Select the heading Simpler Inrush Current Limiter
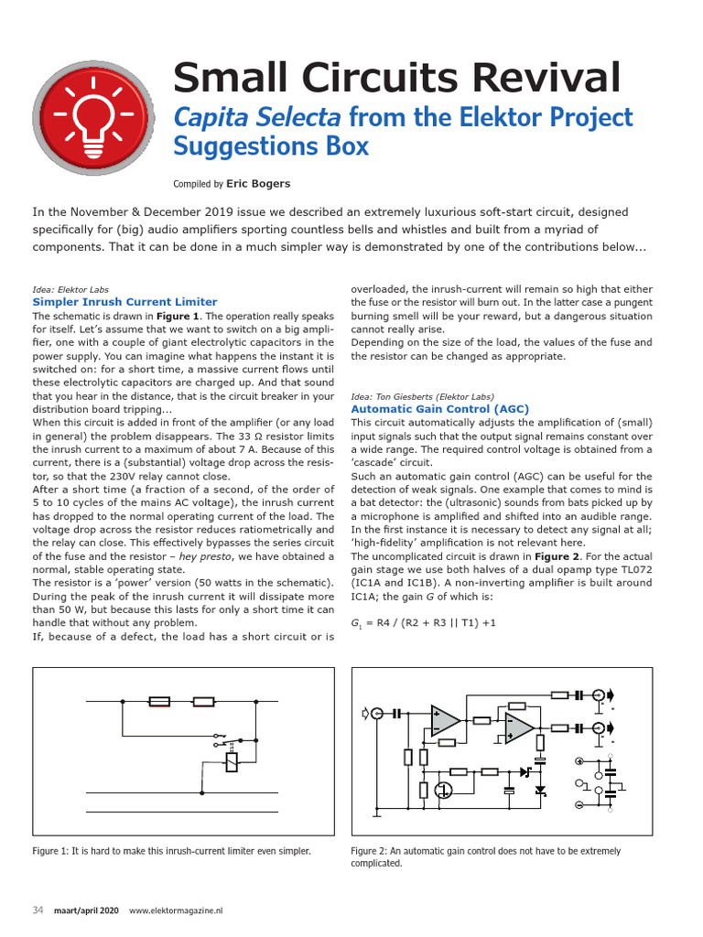pyautogui.click(x=124, y=301)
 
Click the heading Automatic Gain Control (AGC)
pyautogui.click(x=439, y=409)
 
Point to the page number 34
pyautogui.click(x=38, y=910)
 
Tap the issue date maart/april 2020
pyautogui.click(x=85, y=910)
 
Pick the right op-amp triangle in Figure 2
pyautogui.click(x=519, y=727)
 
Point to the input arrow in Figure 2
pyautogui.click(x=370, y=712)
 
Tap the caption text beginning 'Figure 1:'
pyautogui.click(x=171, y=851)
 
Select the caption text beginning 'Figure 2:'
pyautogui.click(x=485, y=856)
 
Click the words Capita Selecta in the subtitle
pyautogui.click(x=257, y=117)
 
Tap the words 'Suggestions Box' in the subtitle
pyautogui.click(x=271, y=145)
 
